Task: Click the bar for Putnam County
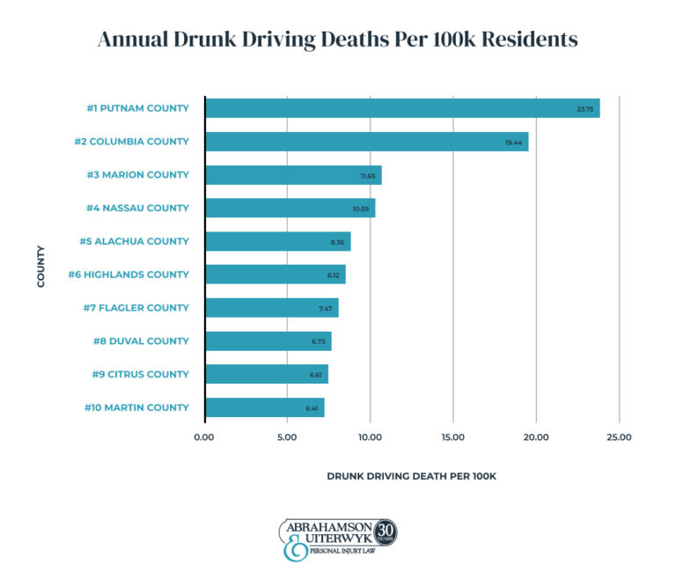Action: (401, 108)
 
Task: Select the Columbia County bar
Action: (366, 142)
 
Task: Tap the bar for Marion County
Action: (293, 175)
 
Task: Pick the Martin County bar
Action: (264, 407)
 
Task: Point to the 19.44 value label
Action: (514, 142)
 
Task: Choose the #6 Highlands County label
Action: (129, 275)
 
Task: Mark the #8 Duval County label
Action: (141, 340)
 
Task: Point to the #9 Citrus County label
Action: (140, 374)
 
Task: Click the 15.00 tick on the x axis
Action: (452, 436)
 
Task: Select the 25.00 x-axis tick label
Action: (619, 436)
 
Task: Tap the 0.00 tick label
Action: (204, 436)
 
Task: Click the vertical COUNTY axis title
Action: (41, 265)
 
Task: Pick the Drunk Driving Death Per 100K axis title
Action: (411, 476)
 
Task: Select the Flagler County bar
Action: (271, 308)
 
